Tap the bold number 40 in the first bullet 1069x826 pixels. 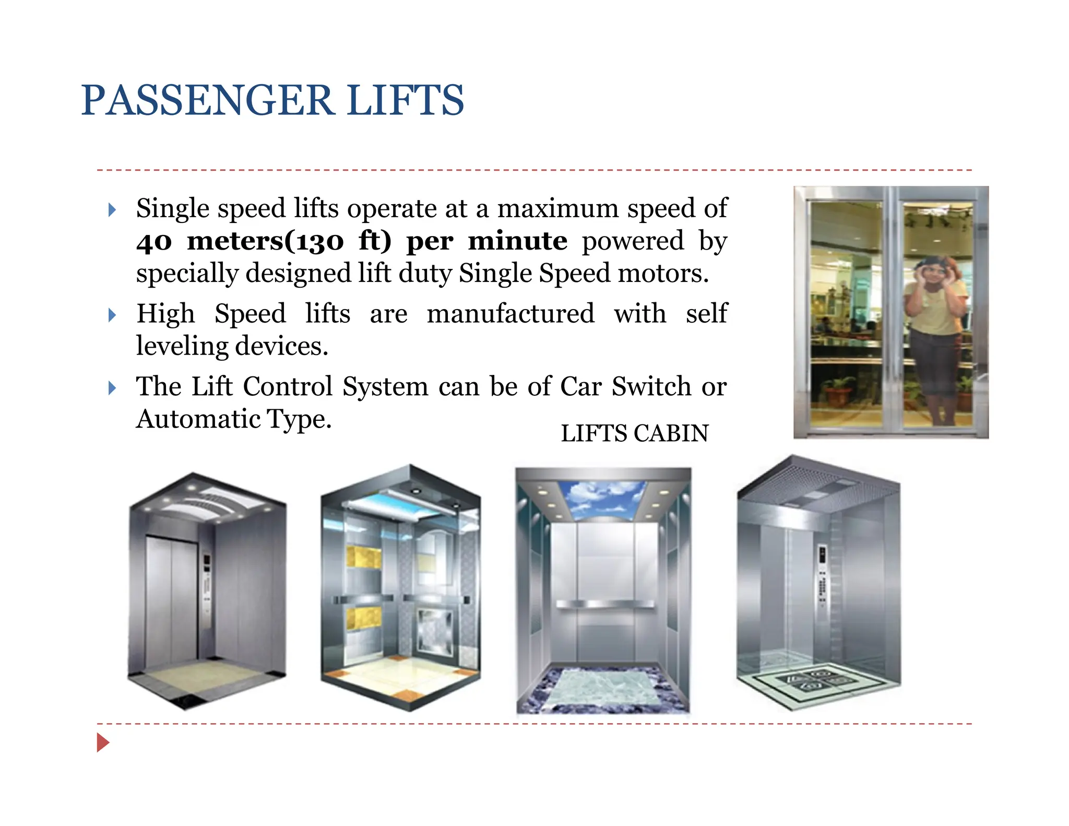click(x=154, y=242)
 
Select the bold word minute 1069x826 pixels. click(x=517, y=241)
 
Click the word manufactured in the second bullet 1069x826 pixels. click(x=510, y=314)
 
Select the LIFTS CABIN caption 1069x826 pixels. click(x=635, y=433)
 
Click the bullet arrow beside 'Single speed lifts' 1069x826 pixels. click(x=112, y=210)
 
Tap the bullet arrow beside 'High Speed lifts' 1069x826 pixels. click(x=112, y=315)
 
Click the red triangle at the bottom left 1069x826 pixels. click(x=103, y=742)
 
